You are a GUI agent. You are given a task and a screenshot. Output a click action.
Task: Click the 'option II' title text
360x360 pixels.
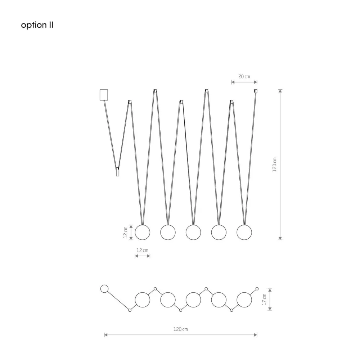coord(37,25)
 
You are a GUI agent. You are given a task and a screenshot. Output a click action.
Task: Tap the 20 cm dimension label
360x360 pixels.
coord(244,76)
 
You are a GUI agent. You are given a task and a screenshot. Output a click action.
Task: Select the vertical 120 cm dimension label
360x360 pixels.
coord(274,165)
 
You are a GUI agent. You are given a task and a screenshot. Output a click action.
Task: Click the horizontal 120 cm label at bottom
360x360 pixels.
coord(180,329)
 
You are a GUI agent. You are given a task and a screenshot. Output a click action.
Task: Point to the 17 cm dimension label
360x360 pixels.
coord(264,300)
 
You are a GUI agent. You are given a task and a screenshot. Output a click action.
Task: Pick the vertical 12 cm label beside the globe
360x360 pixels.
coord(125,232)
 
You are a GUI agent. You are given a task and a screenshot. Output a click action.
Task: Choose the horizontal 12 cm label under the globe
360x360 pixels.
coord(142,250)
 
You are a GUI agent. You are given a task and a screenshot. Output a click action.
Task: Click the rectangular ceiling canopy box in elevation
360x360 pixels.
coord(104,95)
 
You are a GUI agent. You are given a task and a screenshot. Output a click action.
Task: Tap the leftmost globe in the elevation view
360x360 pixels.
coord(142,232)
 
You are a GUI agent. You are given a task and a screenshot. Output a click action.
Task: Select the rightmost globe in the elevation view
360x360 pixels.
coord(244,232)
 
